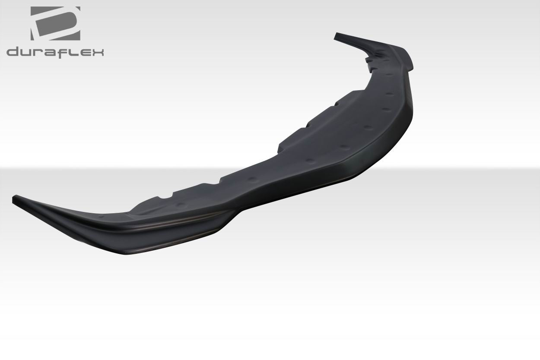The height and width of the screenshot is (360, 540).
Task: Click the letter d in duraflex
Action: tap(13, 52)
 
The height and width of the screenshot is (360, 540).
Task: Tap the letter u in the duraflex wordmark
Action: tap(27, 52)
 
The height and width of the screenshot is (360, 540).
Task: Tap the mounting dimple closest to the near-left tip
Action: tap(101, 215)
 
